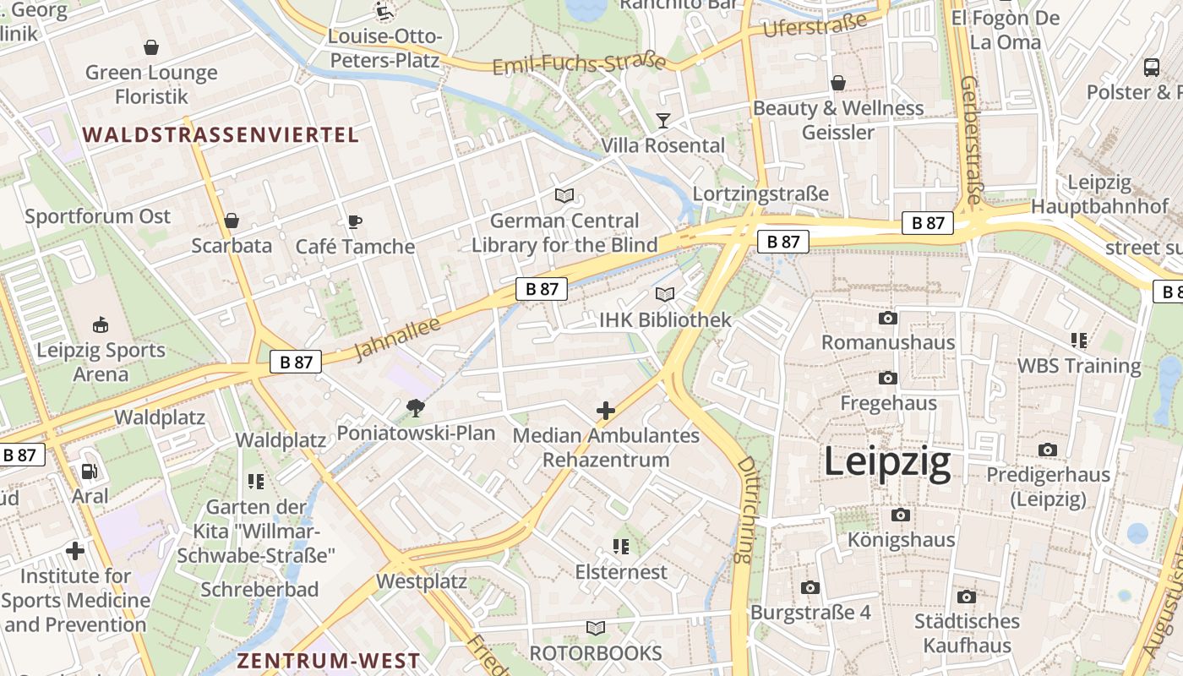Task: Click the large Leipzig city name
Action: [x=886, y=463]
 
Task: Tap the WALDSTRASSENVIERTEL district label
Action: [x=221, y=134]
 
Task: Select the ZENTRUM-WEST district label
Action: [x=328, y=660]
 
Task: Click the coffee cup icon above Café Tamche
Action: [x=355, y=222]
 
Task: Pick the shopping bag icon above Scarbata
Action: [x=231, y=221]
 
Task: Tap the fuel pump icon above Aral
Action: [x=89, y=472]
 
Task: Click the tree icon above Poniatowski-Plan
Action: [x=415, y=408]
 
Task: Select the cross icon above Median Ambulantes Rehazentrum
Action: [x=606, y=412]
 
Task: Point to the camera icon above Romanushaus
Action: [x=887, y=318]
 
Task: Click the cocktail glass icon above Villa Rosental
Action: [x=663, y=121]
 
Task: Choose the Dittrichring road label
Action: [x=744, y=510]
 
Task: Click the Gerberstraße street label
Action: [x=972, y=139]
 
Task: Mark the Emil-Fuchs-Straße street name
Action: [x=579, y=64]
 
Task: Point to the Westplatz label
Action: [x=421, y=581]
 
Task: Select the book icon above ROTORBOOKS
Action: [x=596, y=628]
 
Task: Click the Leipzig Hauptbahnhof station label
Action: [x=1099, y=194]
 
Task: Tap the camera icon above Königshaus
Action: [x=901, y=515]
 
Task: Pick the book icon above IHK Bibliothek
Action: [x=665, y=295]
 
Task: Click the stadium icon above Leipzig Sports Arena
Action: [x=101, y=324]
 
